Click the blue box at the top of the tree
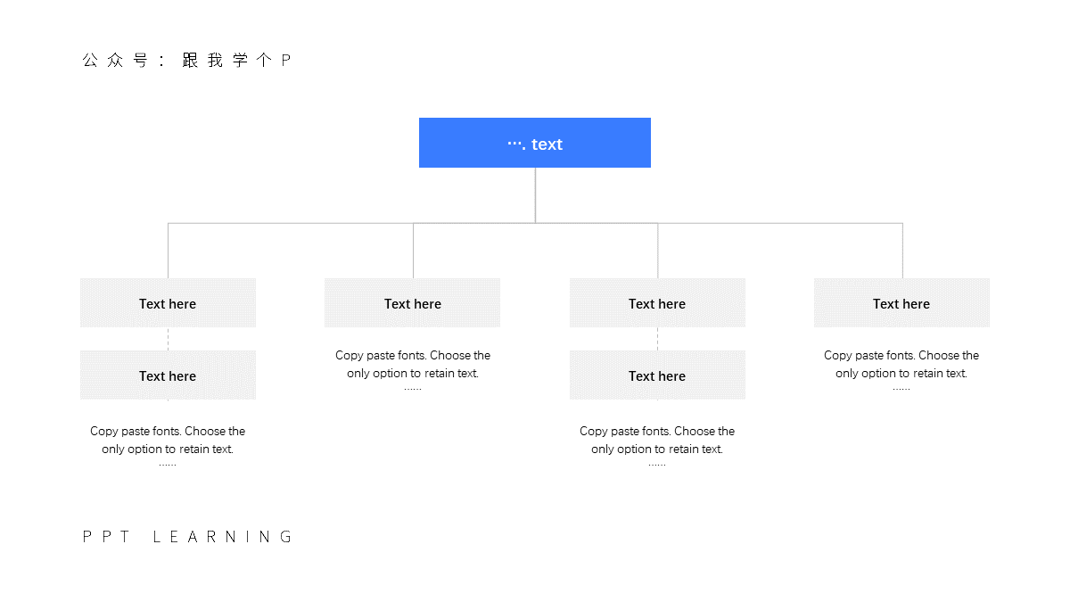(x=534, y=143)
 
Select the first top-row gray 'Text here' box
(x=168, y=303)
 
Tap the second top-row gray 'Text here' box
(x=412, y=303)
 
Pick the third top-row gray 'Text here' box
(x=657, y=303)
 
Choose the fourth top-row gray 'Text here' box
(x=901, y=303)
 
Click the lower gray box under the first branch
(x=168, y=375)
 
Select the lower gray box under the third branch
(x=657, y=375)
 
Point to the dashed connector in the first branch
(x=168, y=339)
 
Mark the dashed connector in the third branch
(x=657, y=339)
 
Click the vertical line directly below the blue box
(x=535, y=195)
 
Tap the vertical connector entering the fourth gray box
(x=902, y=251)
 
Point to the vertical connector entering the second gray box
(x=413, y=251)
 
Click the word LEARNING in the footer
(x=223, y=537)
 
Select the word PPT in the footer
(x=106, y=537)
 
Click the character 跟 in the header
(x=190, y=61)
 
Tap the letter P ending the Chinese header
(x=285, y=61)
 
